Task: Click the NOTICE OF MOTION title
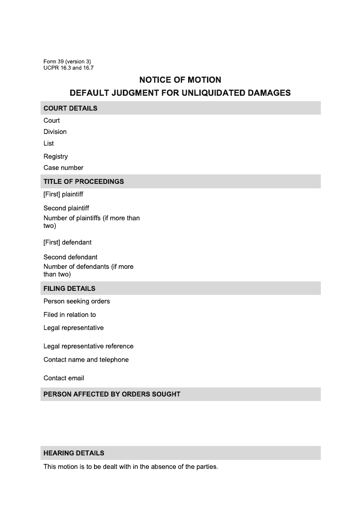click(x=180, y=80)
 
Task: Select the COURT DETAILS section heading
click(x=70, y=108)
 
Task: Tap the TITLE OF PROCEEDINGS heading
click(x=83, y=182)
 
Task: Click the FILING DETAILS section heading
click(x=69, y=289)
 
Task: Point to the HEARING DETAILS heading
click(x=74, y=453)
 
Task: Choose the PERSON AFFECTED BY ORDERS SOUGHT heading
click(x=112, y=394)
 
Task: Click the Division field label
click(x=55, y=132)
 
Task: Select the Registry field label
click(x=56, y=156)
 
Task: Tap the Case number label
click(x=63, y=168)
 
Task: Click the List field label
click(x=49, y=143)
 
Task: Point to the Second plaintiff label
click(x=66, y=208)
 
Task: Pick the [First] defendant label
click(x=67, y=242)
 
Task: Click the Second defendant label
click(x=70, y=257)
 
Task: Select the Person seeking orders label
click(x=76, y=301)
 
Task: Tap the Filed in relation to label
click(x=70, y=315)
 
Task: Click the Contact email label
click(x=64, y=378)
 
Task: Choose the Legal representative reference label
click(x=88, y=346)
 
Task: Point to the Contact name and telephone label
click(x=86, y=360)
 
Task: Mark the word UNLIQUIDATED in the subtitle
click(x=214, y=93)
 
